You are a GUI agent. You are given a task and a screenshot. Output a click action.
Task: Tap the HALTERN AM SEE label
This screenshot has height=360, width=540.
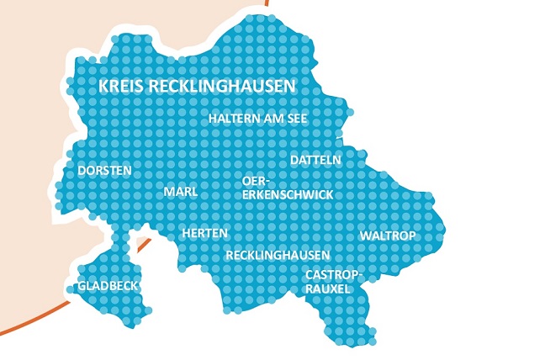257,119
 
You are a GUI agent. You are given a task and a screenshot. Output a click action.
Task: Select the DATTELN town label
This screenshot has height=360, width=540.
315,159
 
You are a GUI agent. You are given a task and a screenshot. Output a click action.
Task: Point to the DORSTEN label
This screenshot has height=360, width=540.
104,170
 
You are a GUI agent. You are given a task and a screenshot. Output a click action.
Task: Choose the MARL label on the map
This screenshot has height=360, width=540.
181,192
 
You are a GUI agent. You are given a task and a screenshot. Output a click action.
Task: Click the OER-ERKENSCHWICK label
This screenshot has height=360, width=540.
287,188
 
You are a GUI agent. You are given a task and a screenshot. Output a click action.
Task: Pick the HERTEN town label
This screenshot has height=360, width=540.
204,232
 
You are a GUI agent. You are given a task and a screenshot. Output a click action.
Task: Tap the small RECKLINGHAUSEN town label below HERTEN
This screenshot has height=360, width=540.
278,254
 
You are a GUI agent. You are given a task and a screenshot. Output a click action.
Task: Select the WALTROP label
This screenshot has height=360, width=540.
388,236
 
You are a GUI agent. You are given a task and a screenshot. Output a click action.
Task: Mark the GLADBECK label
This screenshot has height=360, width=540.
108,286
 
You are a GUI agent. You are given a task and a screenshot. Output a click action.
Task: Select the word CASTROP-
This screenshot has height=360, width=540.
334,274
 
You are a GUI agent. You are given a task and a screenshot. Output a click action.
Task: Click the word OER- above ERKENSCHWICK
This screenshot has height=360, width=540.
254,181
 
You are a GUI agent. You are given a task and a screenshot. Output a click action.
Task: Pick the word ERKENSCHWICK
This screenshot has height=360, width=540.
287,194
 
